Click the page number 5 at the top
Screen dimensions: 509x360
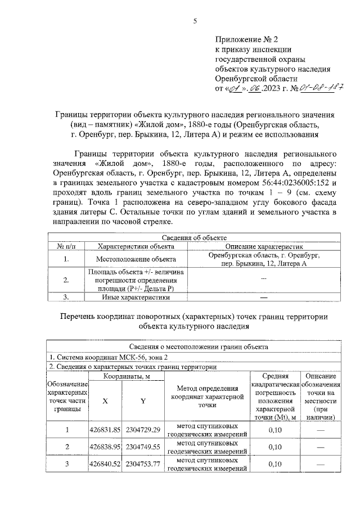[195, 21]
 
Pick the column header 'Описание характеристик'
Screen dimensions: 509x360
[263, 246]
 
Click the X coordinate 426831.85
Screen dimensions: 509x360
[106, 430]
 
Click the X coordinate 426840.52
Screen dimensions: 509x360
[106, 464]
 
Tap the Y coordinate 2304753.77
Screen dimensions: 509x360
[143, 464]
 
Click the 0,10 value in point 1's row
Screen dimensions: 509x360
[275, 430]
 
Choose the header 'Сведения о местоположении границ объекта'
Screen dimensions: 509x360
[193, 347]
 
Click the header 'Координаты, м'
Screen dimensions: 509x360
[124, 376]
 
